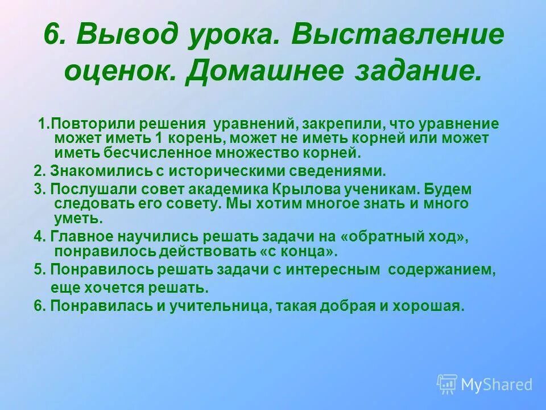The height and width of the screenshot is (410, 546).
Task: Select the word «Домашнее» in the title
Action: (276, 71)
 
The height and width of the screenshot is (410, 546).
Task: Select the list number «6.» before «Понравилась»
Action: (40, 305)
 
